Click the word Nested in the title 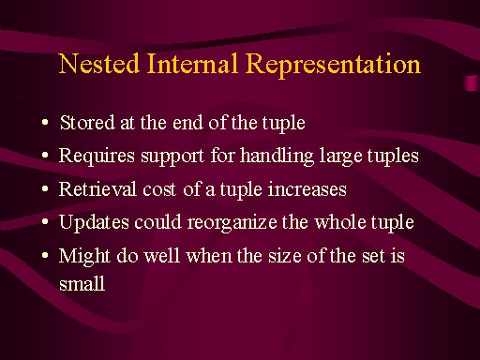(98, 64)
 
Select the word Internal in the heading (192, 64)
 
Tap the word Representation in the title (333, 66)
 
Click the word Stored (87, 122)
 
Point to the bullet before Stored (45, 122)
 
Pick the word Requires (97, 156)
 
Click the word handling (277, 156)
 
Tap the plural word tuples (393, 157)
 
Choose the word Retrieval (97, 189)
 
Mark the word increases (307, 189)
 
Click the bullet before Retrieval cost (45, 188)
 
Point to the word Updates (94, 223)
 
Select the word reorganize (232, 223)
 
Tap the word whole (340, 222)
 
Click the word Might (84, 256)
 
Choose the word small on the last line (82, 283)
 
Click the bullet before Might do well (45, 255)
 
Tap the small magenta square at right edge (472, 83)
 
